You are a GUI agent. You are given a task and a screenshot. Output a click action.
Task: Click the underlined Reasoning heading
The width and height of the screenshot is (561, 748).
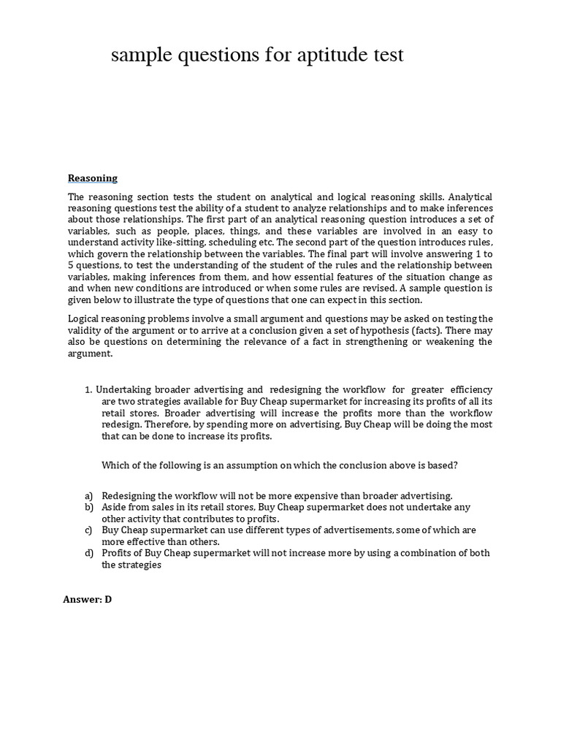click(x=93, y=178)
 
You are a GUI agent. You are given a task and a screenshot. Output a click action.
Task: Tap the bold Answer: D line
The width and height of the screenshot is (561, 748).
click(x=88, y=599)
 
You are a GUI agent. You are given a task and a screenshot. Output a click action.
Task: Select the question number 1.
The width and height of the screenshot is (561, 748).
click(x=88, y=389)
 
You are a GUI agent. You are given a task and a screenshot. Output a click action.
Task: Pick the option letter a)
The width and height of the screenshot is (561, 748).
click(x=88, y=495)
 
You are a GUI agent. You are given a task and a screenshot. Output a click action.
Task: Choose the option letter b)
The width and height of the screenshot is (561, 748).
click(x=88, y=507)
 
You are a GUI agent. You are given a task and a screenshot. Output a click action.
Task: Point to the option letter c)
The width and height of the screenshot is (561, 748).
click(x=88, y=530)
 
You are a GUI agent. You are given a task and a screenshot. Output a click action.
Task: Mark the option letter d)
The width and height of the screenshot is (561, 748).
click(x=88, y=554)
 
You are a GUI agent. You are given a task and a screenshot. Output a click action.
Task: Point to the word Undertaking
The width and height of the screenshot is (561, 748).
click(x=126, y=389)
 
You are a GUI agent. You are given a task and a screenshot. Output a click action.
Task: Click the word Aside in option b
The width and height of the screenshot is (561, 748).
click(x=115, y=507)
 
